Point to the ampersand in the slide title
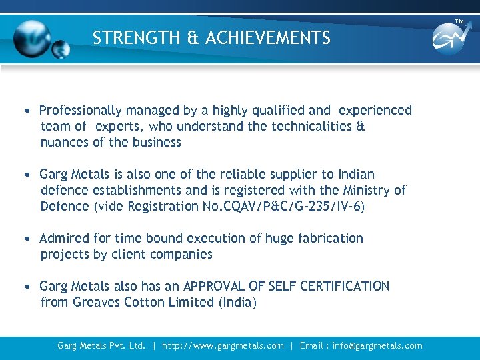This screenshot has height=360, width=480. point(193,38)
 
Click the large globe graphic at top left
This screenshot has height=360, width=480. point(32,37)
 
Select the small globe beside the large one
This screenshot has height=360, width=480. point(61,48)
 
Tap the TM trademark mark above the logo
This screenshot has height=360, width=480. point(459,21)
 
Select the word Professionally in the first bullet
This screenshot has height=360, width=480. point(81,110)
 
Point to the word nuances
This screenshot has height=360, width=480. point(65,142)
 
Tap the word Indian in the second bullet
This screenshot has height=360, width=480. point(356,174)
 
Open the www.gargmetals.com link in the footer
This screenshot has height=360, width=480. point(222,345)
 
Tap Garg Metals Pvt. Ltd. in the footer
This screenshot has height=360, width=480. point(101,345)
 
